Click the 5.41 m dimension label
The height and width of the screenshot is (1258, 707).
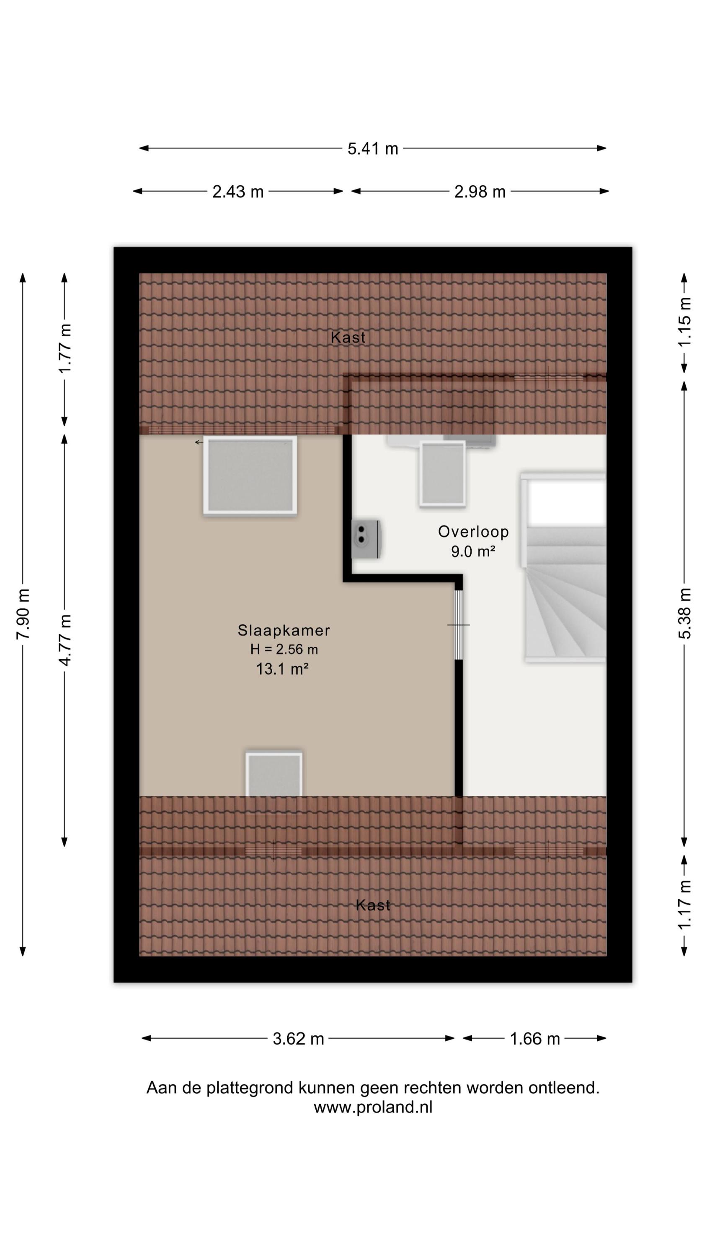(x=373, y=148)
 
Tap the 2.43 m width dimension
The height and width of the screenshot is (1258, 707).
(x=238, y=192)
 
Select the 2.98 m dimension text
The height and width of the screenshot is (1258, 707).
(x=480, y=192)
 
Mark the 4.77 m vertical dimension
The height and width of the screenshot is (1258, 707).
(x=65, y=640)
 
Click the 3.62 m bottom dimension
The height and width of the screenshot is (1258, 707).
(x=298, y=1039)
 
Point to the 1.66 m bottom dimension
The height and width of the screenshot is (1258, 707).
(x=535, y=1039)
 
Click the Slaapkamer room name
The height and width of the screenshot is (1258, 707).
(x=284, y=630)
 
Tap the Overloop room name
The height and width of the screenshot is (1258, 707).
(x=473, y=531)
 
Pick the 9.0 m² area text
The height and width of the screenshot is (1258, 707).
(x=473, y=551)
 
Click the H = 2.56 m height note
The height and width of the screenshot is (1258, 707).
(x=284, y=650)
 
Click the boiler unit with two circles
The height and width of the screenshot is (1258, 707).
(x=366, y=539)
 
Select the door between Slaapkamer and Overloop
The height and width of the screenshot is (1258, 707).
(x=459, y=625)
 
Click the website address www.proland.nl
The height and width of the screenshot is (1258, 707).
(x=373, y=1107)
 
